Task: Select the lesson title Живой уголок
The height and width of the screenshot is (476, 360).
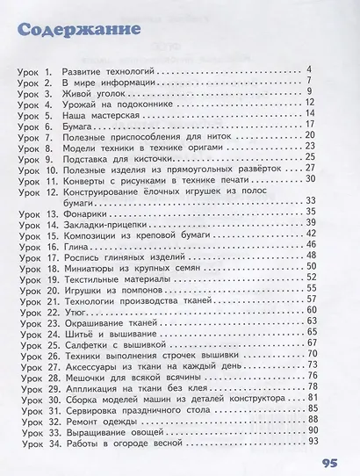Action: tap(91, 90)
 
